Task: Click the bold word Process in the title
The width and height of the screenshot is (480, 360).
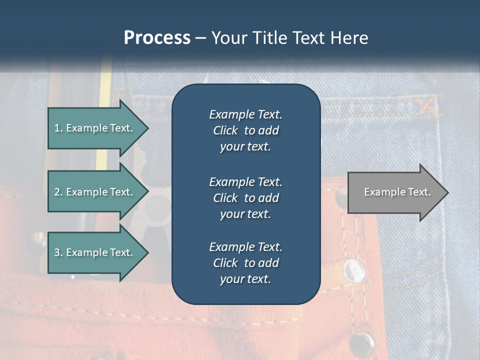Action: click(x=157, y=38)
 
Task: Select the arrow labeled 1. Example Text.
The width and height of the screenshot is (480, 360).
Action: click(x=95, y=128)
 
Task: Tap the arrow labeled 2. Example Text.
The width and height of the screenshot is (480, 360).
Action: click(x=95, y=192)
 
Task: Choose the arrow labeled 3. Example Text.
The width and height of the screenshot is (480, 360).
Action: click(x=95, y=252)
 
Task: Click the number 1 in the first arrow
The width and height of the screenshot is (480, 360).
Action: click(x=57, y=128)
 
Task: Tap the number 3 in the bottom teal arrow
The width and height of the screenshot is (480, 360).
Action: click(x=57, y=252)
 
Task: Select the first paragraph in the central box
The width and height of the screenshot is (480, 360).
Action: click(x=245, y=130)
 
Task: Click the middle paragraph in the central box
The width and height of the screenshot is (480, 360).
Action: click(x=245, y=198)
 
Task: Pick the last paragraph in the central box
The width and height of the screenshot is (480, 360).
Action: click(x=245, y=263)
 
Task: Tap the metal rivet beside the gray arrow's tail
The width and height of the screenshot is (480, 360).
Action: click(x=341, y=193)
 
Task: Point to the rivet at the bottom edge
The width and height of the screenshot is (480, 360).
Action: click(x=361, y=343)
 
